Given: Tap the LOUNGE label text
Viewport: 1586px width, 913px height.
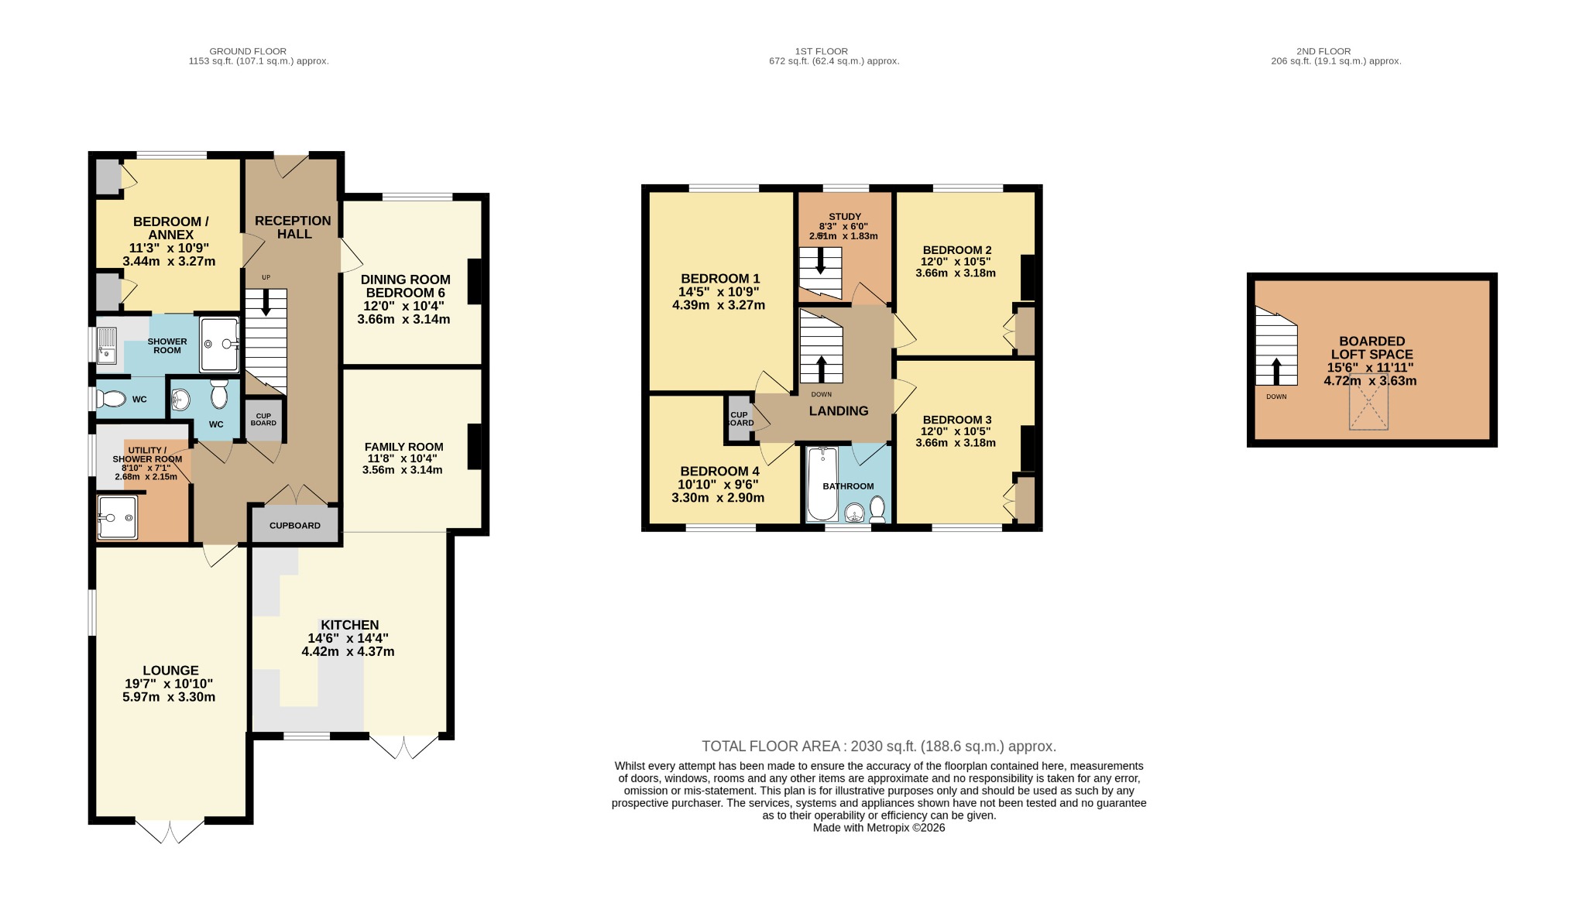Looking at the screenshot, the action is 170,671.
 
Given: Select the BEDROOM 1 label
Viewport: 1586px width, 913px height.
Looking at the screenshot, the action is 720,279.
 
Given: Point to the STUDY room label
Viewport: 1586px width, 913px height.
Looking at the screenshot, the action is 845,217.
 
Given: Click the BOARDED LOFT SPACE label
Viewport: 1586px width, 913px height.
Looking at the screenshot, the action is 1371,348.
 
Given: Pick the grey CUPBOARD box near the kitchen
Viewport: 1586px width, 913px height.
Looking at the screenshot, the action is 295,525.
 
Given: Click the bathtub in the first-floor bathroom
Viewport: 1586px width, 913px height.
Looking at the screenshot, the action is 821,484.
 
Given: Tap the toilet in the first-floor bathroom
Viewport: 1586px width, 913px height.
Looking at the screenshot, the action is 877,510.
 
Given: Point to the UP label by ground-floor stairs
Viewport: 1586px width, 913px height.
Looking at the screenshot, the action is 266,277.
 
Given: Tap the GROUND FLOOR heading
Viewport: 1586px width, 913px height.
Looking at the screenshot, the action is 248,51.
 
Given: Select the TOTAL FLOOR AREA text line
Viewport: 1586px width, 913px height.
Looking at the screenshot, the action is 879,747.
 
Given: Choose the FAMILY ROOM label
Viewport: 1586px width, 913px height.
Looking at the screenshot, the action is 404,447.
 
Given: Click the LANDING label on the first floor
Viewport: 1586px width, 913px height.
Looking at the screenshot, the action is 839,411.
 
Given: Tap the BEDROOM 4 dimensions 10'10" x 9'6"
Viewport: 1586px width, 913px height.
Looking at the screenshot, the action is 718,485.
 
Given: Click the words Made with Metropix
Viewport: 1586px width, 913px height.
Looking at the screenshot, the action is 856,827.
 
